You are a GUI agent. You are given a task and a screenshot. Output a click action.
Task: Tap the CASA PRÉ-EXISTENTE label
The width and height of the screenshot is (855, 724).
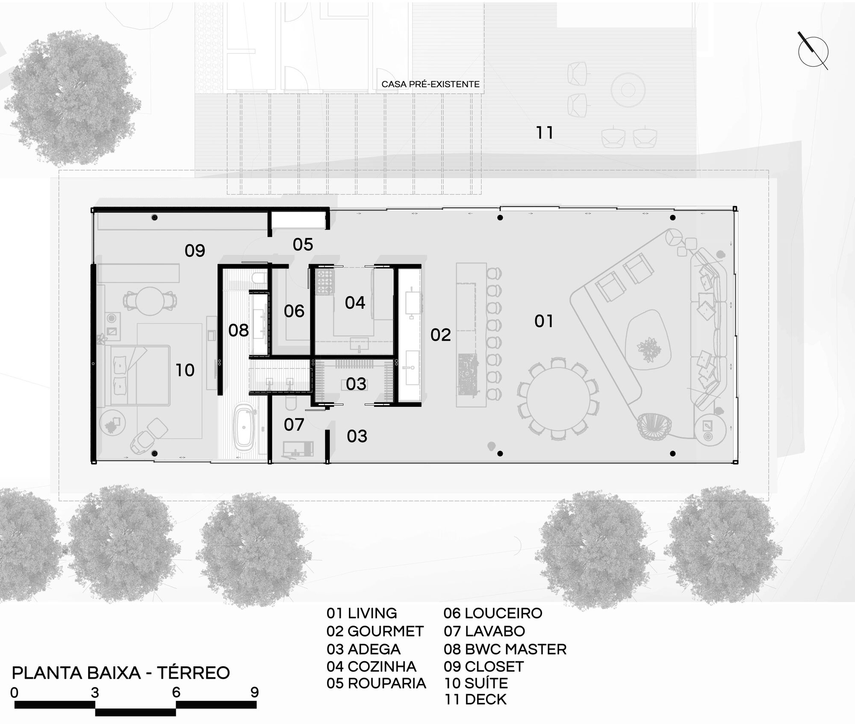[x=430, y=84]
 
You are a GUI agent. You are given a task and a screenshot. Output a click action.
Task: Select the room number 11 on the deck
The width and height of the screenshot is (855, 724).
[x=545, y=133]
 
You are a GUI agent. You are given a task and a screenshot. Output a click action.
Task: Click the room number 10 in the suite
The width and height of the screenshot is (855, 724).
[x=185, y=370]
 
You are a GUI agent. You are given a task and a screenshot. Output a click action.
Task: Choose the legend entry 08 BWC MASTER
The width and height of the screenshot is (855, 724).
[x=505, y=649]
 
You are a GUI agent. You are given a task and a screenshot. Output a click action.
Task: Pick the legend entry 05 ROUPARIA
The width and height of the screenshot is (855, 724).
[x=376, y=683]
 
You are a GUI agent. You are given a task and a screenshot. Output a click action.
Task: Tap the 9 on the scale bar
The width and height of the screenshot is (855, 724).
[x=254, y=692]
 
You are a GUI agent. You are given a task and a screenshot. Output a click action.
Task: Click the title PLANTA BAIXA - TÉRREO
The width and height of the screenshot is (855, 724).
[x=121, y=673]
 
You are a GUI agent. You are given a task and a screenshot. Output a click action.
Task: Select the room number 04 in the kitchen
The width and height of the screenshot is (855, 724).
[x=355, y=303]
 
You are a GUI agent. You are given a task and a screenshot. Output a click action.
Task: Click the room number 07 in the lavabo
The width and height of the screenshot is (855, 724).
[x=294, y=425]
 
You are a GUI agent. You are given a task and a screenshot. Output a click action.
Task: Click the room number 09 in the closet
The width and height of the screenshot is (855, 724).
[x=195, y=250]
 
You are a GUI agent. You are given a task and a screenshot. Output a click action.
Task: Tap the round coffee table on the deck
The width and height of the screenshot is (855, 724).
[x=628, y=90]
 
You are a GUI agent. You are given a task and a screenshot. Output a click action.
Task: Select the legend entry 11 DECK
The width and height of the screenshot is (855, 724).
[x=475, y=700]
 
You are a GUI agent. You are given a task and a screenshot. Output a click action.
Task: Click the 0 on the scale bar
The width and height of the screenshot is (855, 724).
[x=15, y=692]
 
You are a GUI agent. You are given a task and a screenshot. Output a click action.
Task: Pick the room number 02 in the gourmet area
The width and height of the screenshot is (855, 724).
[x=440, y=335]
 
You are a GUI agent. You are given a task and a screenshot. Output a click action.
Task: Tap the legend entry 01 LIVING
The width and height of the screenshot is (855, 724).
[x=362, y=613]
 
